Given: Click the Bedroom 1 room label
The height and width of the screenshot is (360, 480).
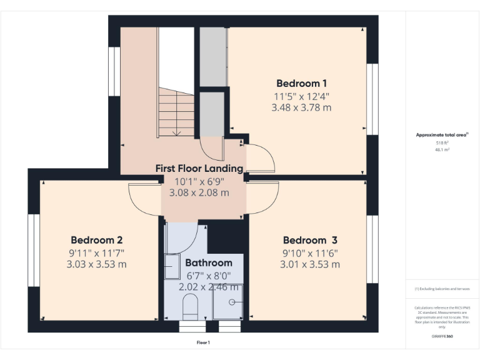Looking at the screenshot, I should [301, 83].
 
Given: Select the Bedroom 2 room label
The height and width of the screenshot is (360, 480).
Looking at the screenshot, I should [96, 240].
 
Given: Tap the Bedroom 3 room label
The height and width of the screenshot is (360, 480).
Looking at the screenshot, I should [310, 240].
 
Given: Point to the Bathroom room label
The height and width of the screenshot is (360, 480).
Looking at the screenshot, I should [209, 262].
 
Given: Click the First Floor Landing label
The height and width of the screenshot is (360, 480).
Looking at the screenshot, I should [199, 168].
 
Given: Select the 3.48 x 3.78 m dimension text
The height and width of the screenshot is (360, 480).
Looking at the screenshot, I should [301, 107].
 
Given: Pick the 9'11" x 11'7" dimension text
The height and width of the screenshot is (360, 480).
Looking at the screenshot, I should [96, 252].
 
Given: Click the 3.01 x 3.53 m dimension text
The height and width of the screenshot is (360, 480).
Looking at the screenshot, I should [310, 264].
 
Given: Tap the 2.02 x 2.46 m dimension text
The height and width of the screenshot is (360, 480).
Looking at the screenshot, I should [209, 287].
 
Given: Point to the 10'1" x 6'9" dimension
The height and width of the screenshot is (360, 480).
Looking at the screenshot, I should [199, 181].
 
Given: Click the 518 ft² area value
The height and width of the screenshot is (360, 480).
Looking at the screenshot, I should [442, 143].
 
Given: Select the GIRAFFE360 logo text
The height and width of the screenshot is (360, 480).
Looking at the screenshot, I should [442, 336].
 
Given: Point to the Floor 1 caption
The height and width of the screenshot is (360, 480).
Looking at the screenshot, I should [203, 342].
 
